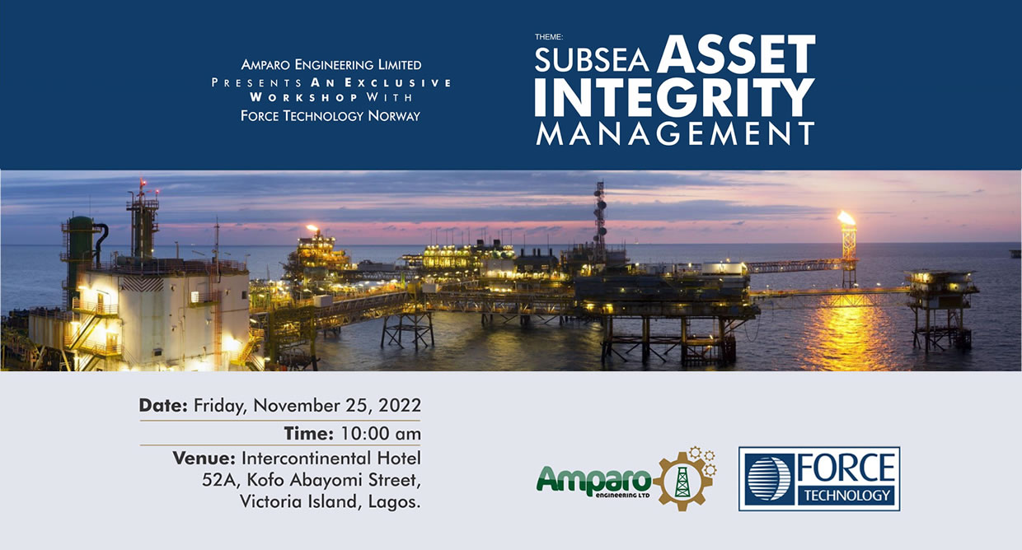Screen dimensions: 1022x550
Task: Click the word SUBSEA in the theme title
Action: tap(591, 60)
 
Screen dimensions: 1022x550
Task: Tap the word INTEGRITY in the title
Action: tap(674, 97)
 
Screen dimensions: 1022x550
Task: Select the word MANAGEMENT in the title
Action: tap(674, 133)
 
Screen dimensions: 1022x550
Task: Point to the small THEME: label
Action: tap(549, 37)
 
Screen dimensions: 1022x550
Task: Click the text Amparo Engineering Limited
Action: tap(331, 65)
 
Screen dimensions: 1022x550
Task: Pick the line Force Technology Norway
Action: tap(331, 116)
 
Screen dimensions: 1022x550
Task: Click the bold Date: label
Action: tap(163, 405)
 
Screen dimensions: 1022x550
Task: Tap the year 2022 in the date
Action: tap(400, 405)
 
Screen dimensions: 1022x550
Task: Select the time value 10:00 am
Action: tap(381, 433)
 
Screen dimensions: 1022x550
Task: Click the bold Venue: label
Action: tap(204, 458)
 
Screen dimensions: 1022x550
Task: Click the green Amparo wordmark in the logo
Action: tap(594, 479)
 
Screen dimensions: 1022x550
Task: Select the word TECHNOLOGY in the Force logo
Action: tap(846, 495)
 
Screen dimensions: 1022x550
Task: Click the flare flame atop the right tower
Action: tap(846, 218)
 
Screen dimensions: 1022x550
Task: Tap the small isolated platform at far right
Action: tap(940, 310)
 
